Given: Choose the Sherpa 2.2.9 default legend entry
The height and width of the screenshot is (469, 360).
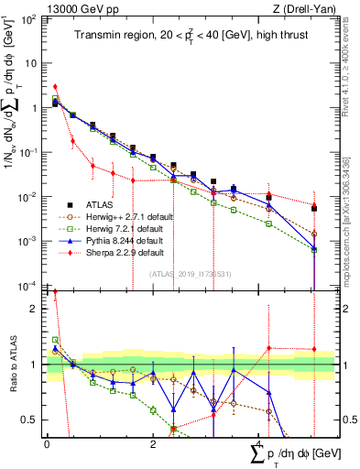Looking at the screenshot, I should (119, 252).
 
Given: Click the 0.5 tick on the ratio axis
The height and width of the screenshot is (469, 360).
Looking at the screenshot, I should (34, 420).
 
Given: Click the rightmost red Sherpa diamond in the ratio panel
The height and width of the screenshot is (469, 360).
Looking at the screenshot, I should (314, 349).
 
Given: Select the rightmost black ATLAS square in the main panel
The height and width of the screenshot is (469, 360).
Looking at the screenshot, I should (314, 209).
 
